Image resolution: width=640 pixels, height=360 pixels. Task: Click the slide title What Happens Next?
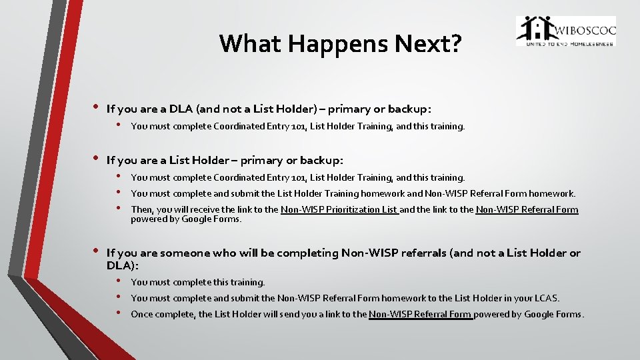tap(340, 43)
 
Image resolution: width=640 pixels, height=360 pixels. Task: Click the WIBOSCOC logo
tap(565, 31)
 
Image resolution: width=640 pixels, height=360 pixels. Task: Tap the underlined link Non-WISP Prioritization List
tap(339, 209)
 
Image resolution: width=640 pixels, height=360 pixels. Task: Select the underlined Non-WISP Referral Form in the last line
tap(420, 314)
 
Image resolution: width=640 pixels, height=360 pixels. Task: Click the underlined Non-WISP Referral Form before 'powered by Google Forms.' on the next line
tap(527, 209)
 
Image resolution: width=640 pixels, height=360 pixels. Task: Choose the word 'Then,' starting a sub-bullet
tap(142, 209)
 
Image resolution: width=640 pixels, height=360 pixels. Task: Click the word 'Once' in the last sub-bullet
tap(141, 314)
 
